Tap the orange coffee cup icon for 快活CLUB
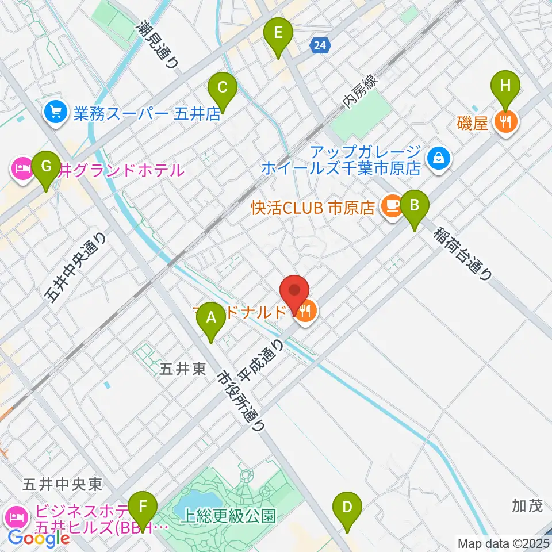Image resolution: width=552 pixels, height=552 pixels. tap(393, 205)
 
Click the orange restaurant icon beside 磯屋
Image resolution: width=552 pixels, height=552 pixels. tap(506, 121)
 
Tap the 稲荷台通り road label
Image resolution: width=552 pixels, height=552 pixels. tap(463, 253)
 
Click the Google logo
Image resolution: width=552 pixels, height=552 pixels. tap(38, 538)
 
